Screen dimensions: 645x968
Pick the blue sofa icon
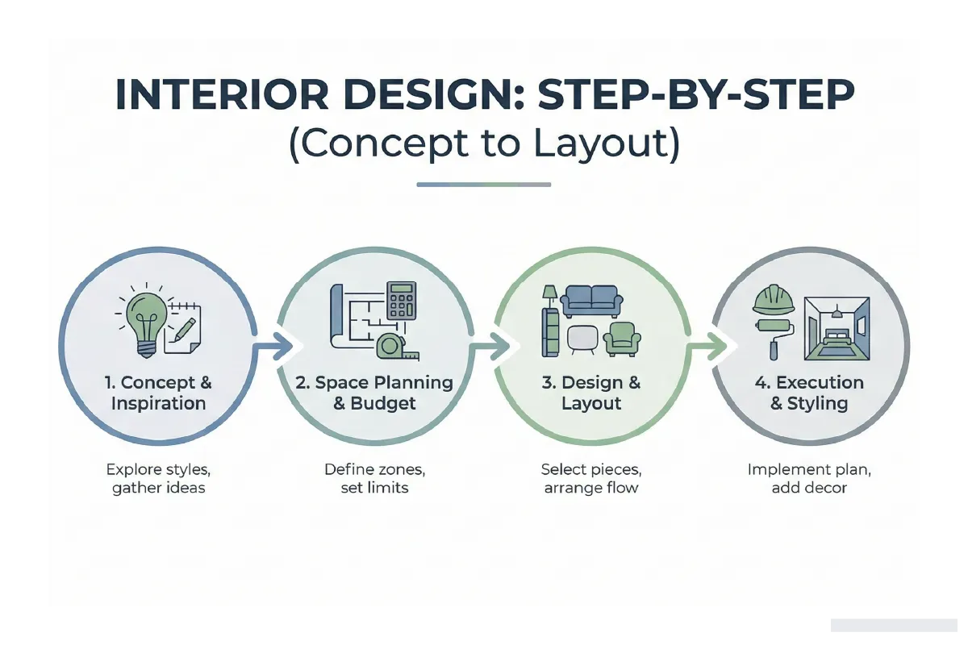(x=592, y=301)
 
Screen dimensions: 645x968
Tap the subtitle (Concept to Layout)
(x=484, y=144)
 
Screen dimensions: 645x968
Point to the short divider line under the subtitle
(x=484, y=185)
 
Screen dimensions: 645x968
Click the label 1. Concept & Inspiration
(x=158, y=393)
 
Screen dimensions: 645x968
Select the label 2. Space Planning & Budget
(x=374, y=393)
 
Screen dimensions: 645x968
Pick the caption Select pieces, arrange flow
(x=591, y=478)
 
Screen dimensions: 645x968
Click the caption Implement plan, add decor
(x=809, y=478)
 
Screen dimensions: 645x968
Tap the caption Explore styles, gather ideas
(x=158, y=478)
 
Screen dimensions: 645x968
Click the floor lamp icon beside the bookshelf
(x=549, y=294)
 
